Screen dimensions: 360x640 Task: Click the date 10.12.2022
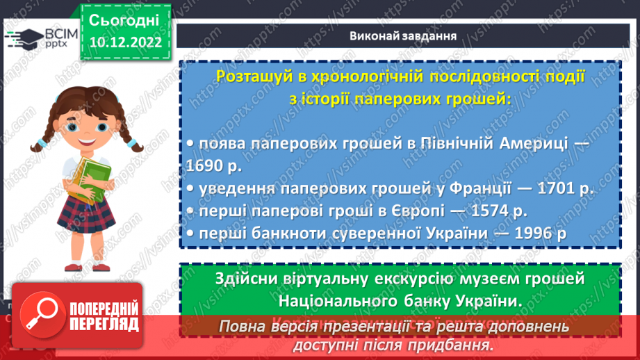[x=125, y=42]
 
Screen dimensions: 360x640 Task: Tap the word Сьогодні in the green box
[x=125, y=19]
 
